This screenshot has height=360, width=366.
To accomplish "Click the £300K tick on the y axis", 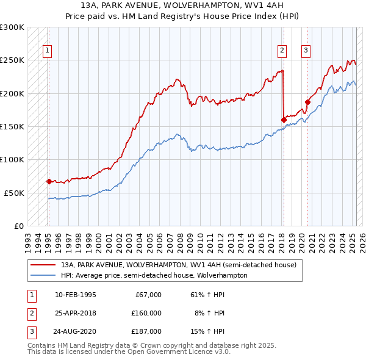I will click(x=12, y=27).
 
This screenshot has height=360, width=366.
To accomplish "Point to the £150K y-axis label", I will click(x=12, y=126).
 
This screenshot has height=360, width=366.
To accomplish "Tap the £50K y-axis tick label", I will click(x=14, y=193).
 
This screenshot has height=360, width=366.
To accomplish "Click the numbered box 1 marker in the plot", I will click(x=48, y=51).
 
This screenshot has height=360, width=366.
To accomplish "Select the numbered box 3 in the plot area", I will click(x=306, y=51).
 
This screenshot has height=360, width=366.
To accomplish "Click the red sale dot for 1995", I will click(x=49, y=181).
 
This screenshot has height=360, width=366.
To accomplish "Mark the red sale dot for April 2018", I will click(x=284, y=120).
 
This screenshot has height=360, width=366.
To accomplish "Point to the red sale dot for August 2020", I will click(x=307, y=102).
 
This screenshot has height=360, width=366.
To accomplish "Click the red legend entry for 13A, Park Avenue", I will click(x=178, y=265).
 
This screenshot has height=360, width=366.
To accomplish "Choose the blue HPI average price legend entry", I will click(x=154, y=275).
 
